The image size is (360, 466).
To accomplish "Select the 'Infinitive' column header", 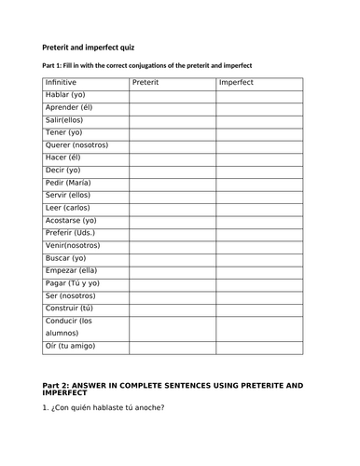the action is pyautogui.click(x=62, y=83).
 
